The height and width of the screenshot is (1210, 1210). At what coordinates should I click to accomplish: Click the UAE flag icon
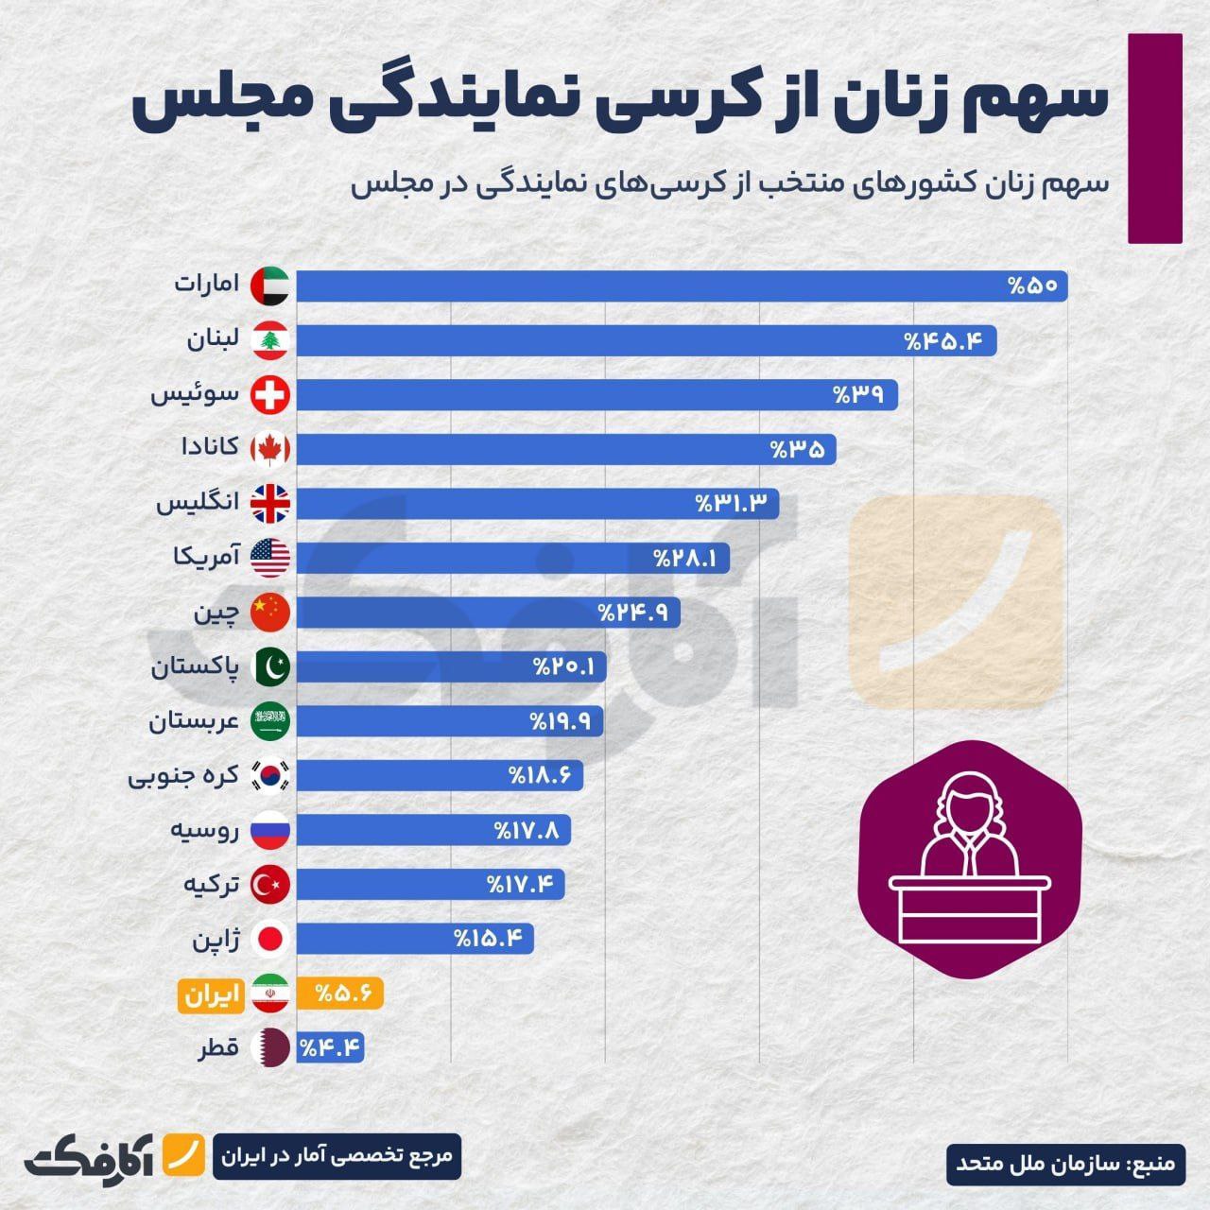click(270, 286)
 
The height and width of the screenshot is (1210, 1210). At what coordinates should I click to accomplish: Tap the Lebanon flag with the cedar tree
click(270, 341)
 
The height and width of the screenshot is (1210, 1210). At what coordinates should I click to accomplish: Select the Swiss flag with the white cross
click(270, 395)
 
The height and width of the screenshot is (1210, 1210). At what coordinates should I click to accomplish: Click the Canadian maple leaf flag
click(270, 450)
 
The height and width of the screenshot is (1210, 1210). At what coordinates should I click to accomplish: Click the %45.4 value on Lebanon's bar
click(949, 341)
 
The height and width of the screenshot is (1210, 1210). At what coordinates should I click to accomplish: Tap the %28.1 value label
click(684, 559)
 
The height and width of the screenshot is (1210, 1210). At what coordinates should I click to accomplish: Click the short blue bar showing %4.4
click(330, 1047)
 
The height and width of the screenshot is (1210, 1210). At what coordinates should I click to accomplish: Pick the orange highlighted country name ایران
click(206, 994)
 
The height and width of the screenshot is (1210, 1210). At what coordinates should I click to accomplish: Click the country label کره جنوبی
click(183, 777)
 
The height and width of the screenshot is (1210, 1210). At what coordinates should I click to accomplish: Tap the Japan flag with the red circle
click(270, 940)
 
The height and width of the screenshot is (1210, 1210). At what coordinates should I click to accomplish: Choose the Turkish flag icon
click(270, 886)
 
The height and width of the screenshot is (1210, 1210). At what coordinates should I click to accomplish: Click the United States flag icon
click(270, 559)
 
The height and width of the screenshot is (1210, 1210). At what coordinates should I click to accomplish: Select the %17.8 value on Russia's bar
click(527, 831)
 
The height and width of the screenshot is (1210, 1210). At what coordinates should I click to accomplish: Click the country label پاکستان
click(195, 667)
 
